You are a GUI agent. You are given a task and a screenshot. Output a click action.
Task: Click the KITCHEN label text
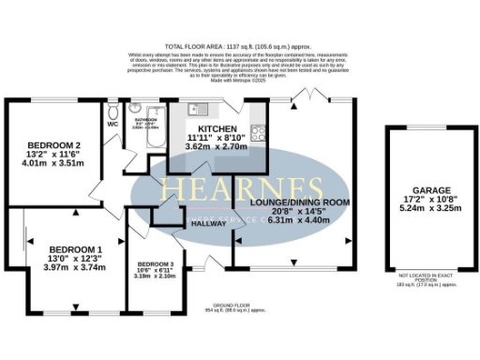[x=217, y=128]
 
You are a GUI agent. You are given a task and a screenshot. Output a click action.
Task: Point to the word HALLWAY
[x=208, y=223]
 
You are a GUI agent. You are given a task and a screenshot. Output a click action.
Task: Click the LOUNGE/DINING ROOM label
[x=299, y=202]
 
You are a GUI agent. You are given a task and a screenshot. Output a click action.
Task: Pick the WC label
[x=112, y=123]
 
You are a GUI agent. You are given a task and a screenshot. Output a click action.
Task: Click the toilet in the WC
[x=112, y=107]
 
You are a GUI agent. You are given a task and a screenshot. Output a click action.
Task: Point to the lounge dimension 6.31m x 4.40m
[x=299, y=223]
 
